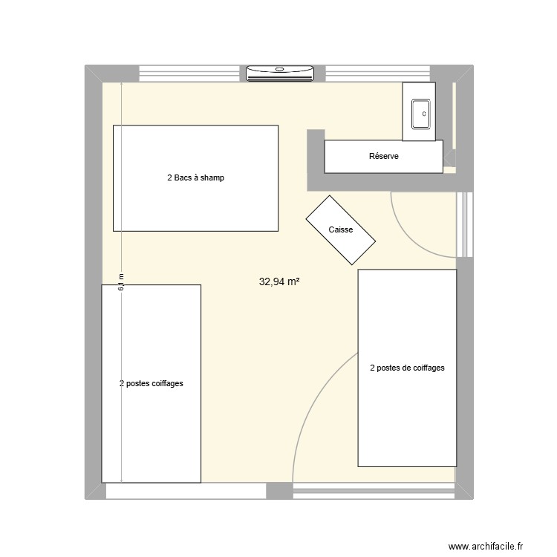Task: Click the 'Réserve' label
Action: click(384, 156)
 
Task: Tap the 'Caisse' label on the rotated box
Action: click(341, 230)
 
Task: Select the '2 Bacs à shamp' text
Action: click(195, 178)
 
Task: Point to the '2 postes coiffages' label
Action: click(151, 384)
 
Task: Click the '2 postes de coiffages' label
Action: click(407, 368)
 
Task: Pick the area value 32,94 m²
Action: click(279, 281)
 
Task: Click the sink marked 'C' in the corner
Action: click(418, 113)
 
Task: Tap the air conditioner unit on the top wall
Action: click(280, 72)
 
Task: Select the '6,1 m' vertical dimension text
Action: click(121, 281)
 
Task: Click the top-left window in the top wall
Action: click(192, 73)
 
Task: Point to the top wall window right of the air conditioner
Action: click(377, 73)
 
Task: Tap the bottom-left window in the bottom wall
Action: click(186, 491)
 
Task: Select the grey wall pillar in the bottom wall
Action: click(279, 491)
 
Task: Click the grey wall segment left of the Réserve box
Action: click(315, 159)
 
